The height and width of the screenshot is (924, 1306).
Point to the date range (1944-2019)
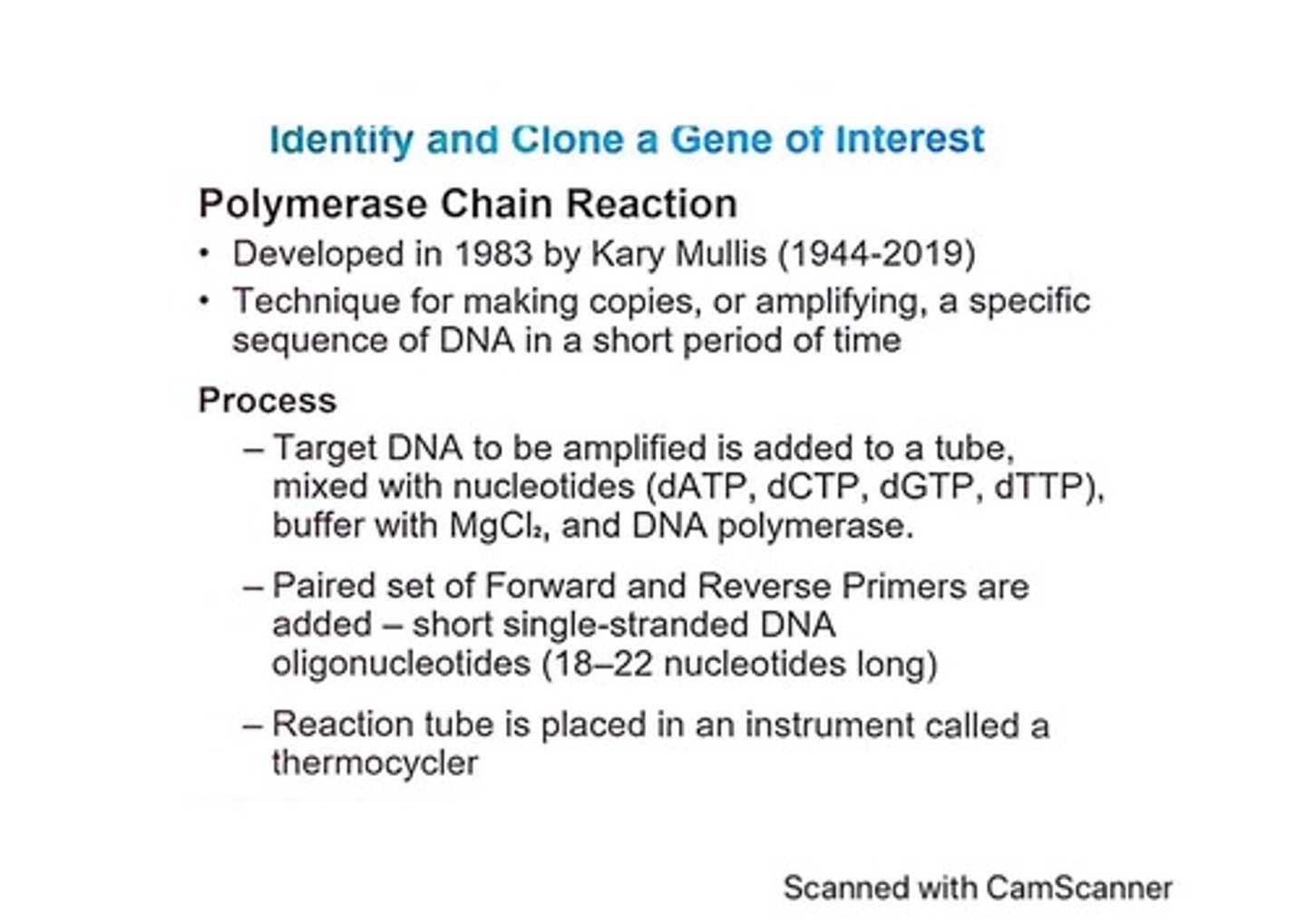click(876, 254)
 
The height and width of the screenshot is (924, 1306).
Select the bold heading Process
click(267, 400)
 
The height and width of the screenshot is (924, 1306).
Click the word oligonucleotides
click(401, 665)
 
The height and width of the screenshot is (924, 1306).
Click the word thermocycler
click(375, 764)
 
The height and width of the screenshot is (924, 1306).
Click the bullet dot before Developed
click(206, 253)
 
